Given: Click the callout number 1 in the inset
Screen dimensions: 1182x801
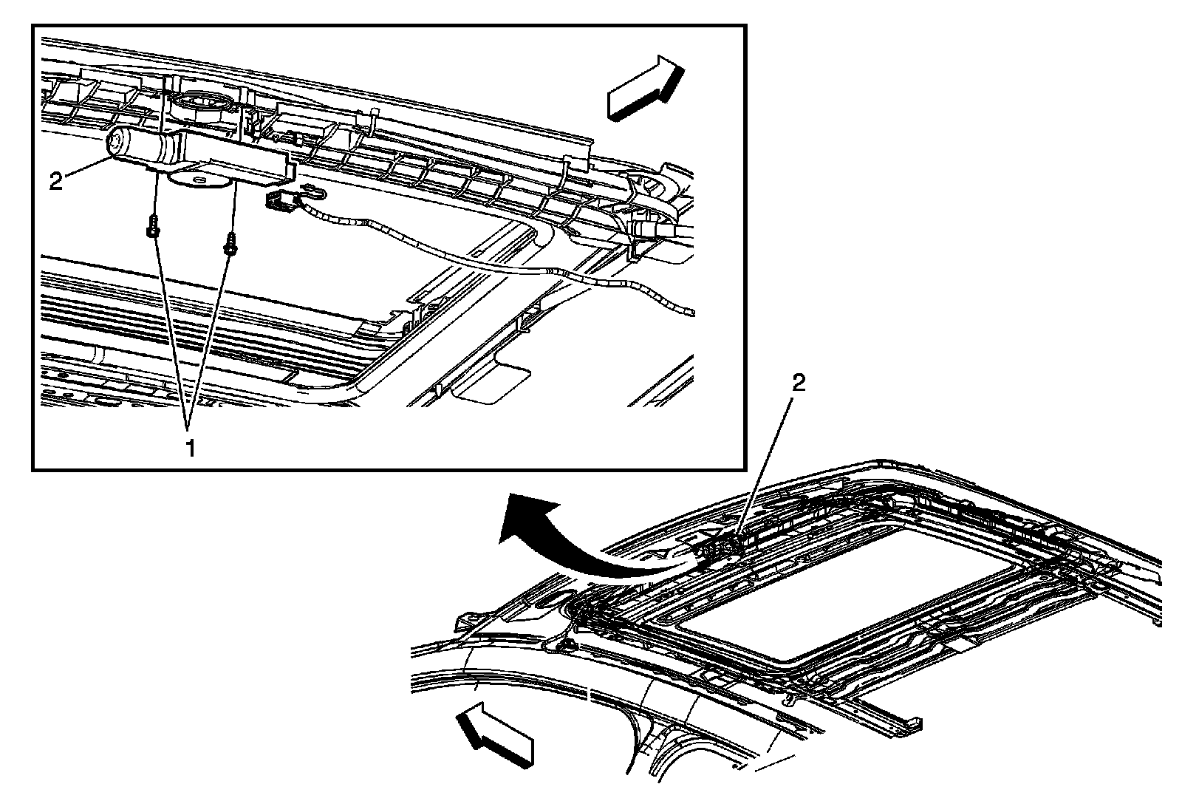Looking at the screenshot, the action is [x=190, y=447].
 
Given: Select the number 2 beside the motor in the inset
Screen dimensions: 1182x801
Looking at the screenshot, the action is [x=56, y=181].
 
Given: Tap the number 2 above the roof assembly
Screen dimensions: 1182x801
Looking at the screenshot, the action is [x=798, y=384].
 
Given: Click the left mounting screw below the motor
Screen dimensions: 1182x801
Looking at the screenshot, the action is [x=151, y=228].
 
